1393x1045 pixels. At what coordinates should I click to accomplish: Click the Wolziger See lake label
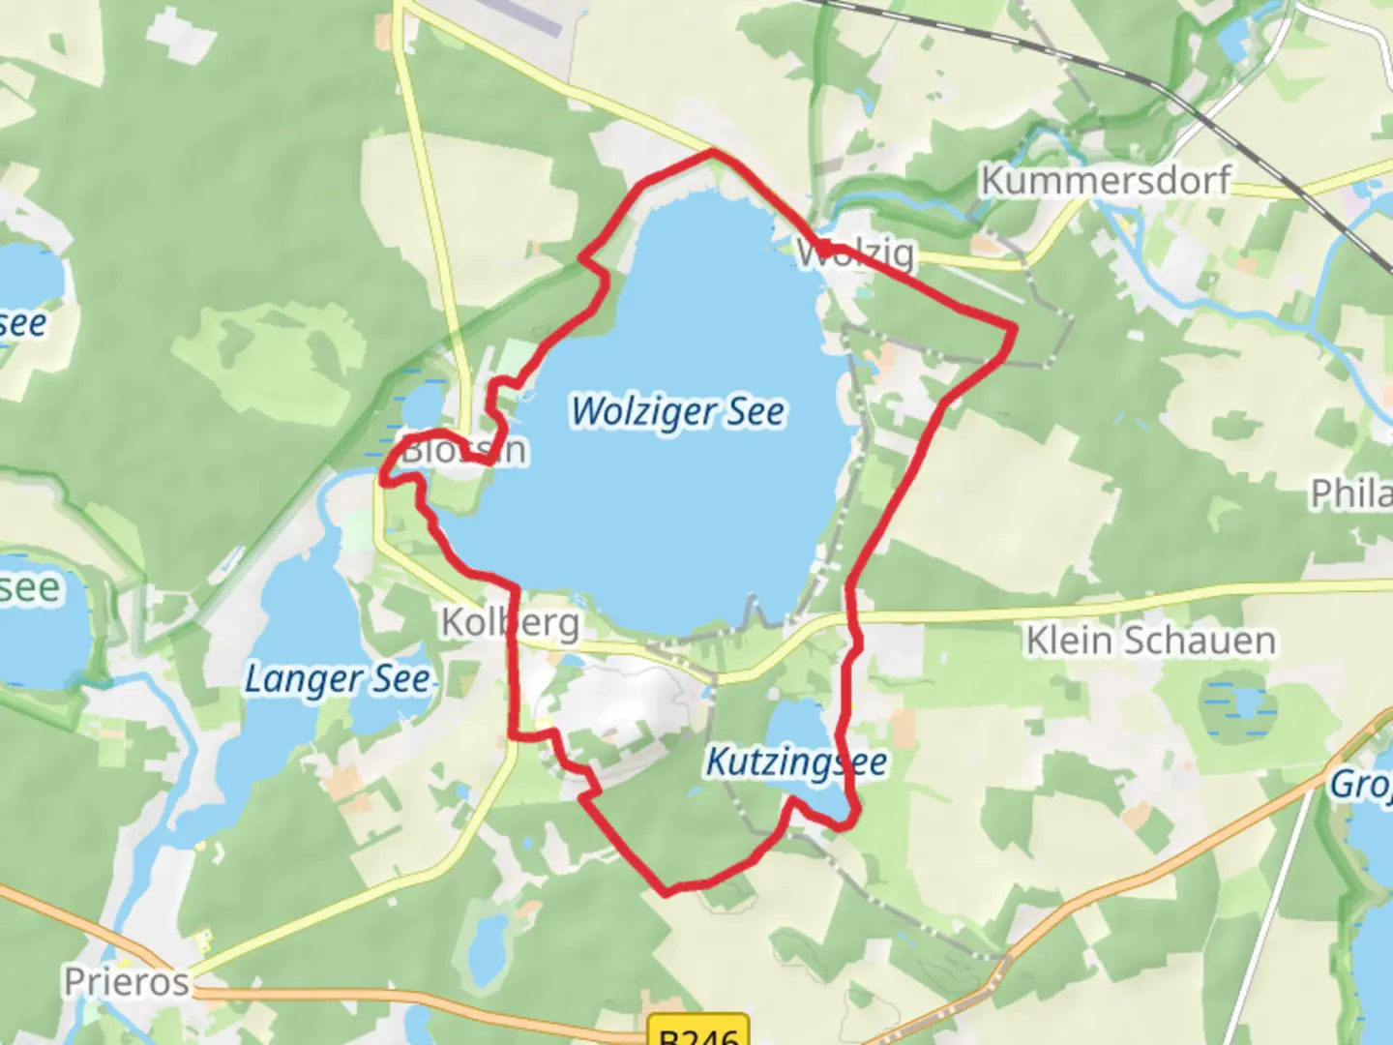[677, 411]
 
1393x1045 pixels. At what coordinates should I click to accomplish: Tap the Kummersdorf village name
[1105, 180]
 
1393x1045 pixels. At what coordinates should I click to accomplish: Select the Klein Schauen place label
[1150, 641]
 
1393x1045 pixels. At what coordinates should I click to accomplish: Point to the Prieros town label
[127, 982]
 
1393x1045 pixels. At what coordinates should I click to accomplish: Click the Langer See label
[337, 679]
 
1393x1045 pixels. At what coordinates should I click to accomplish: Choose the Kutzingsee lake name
[796, 762]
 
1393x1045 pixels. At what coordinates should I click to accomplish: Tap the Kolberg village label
[511, 623]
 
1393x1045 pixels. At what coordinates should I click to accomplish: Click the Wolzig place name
[855, 254]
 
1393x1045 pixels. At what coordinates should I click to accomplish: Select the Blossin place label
[464, 450]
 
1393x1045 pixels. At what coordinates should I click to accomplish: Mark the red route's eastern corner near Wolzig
[1013, 331]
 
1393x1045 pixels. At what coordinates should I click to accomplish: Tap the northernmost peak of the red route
[714, 152]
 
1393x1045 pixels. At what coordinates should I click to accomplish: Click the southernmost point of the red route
[666, 893]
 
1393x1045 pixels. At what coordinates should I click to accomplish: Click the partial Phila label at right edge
[1352, 493]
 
